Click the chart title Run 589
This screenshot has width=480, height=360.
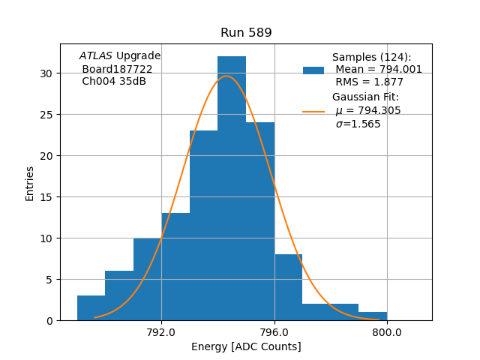click(x=246, y=33)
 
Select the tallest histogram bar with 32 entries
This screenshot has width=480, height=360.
click(x=232, y=187)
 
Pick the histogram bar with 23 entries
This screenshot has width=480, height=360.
click(x=203, y=225)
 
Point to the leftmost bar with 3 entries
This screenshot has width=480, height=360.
click(x=91, y=308)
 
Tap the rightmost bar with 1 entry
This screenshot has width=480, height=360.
click(x=373, y=316)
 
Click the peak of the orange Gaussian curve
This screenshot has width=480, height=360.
click(x=226, y=76)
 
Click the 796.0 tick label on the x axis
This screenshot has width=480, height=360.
click(x=274, y=332)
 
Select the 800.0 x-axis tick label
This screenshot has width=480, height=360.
click(x=387, y=332)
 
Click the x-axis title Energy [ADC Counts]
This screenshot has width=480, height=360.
click(x=246, y=346)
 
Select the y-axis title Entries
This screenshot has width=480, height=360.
click(x=30, y=183)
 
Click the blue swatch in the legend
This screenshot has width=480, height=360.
click(x=313, y=70)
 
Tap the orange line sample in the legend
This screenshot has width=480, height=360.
click(x=313, y=112)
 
